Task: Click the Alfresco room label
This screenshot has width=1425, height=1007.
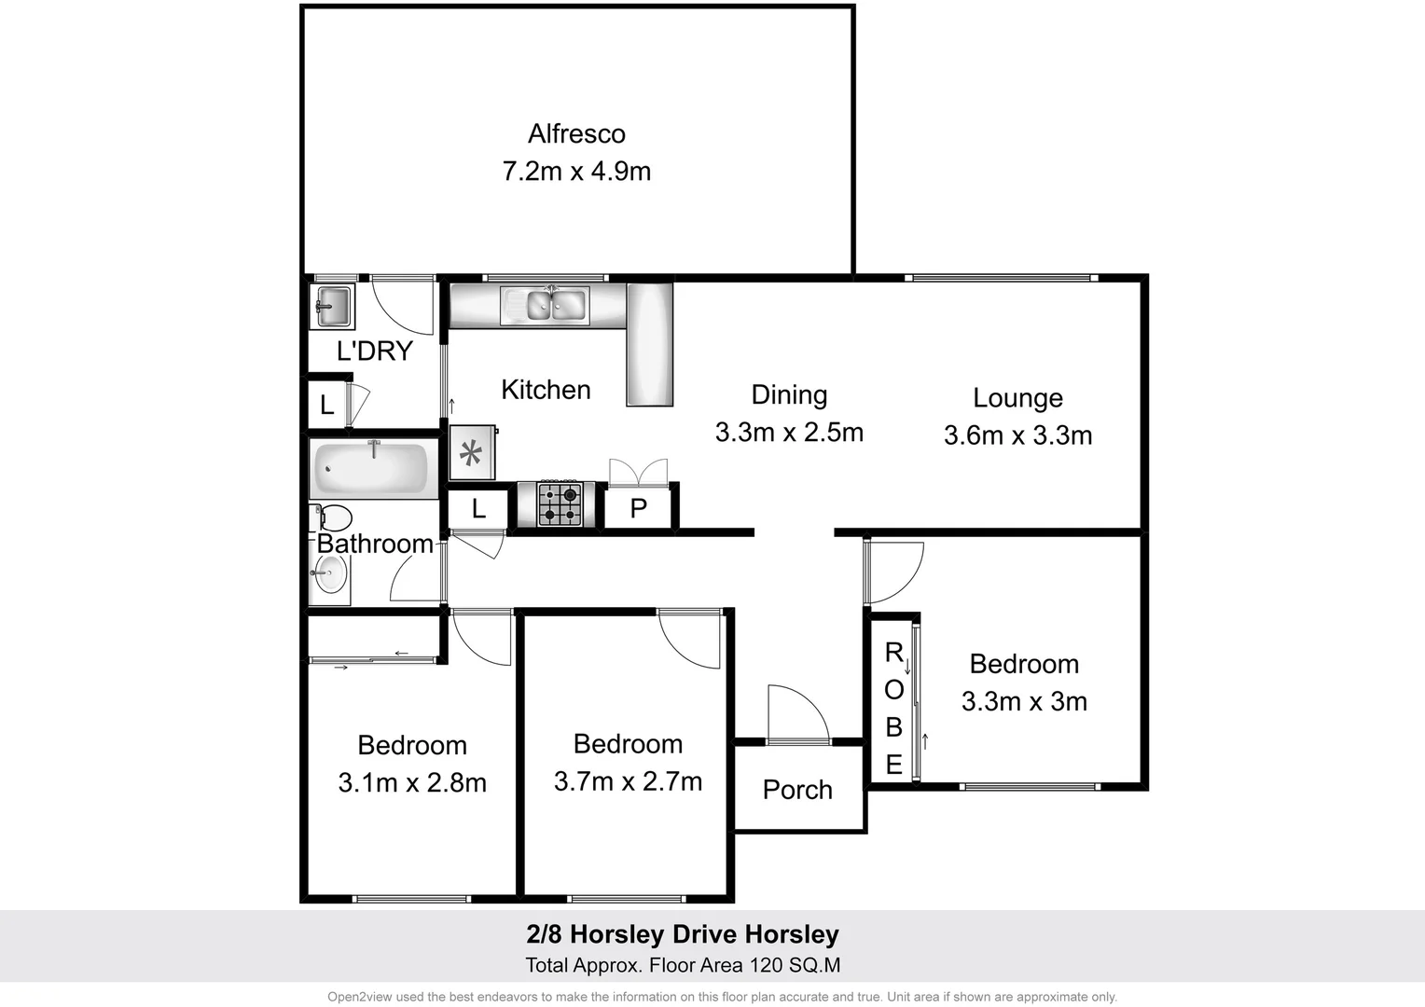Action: tap(576, 134)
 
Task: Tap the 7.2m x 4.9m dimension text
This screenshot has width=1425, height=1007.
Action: tap(576, 172)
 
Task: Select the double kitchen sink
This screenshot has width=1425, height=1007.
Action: tap(545, 305)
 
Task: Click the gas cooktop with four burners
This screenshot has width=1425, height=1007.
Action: tap(560, 504)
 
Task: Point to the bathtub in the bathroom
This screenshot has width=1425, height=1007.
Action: tap(370, 468)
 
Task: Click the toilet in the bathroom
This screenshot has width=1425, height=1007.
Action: tap(333, 517)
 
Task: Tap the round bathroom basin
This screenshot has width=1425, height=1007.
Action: tap(329, 573)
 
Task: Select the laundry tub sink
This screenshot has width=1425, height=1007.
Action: tap(332, 305)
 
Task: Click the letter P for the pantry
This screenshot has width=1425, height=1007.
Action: tap(639, 508)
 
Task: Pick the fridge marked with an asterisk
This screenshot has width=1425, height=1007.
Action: tap(472, 454)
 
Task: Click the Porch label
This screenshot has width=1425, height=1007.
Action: tap(797, 790)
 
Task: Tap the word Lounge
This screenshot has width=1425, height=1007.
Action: tap(1017, 398)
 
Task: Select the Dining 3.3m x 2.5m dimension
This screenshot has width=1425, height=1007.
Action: tap(789, 433)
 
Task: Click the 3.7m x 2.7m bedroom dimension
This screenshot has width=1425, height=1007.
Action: tap(628, 781)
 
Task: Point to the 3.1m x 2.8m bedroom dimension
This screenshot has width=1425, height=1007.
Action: tap(412, 783)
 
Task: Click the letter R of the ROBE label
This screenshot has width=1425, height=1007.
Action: tap(893, 653)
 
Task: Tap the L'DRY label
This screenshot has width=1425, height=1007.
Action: tap(374, 351)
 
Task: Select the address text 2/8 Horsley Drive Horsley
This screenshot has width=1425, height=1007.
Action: tap(683, 934)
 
